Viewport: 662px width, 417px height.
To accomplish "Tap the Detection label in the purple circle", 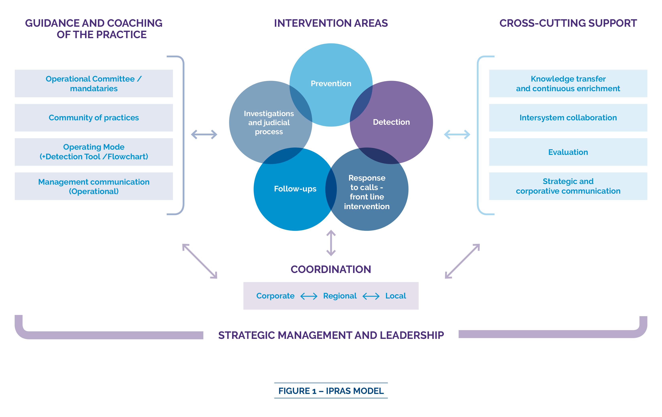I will [391, 122].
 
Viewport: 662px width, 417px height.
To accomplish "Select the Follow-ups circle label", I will [295, 189].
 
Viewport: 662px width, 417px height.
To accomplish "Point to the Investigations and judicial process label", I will [269, 123].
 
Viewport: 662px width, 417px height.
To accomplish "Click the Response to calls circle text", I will [367, 192].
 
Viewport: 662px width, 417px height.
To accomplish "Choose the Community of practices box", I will [94, 118].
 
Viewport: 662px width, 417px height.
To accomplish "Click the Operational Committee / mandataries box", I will [94, 84].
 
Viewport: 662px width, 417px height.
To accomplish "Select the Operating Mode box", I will [94, 152].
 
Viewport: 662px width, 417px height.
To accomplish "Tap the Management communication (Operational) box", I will [94, 186].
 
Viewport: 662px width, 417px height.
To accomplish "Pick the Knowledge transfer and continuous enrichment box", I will [568, 84].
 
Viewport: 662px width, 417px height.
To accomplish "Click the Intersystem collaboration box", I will [568, 118].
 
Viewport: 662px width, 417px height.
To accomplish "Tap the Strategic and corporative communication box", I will [568, 186].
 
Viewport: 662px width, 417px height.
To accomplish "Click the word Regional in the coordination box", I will [340, 296].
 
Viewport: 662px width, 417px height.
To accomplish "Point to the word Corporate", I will [275, 296].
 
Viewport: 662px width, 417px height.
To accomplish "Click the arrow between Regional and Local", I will [371, 296].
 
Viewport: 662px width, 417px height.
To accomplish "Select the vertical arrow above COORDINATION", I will [331, 243].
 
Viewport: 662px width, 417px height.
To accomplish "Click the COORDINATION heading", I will [331, 270].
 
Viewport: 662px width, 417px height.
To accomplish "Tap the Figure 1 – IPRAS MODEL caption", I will [331, 391].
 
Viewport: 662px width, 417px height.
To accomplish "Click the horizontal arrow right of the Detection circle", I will [457, 135].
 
